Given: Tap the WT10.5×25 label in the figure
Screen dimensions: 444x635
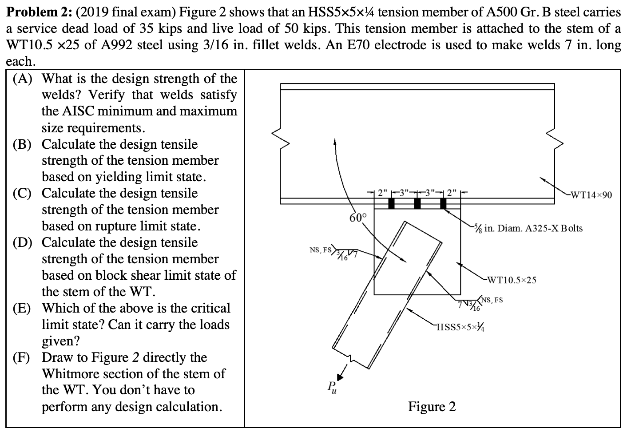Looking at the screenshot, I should click(x=512, y=280).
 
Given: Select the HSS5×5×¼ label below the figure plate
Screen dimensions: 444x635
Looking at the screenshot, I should click(x=460, y=328).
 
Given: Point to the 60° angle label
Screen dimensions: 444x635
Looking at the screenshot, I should click(x=358, y=218).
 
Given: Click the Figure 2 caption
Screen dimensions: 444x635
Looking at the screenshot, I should click(x=432, y=406).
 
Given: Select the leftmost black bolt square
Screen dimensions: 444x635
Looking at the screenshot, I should click(x=392, y=203).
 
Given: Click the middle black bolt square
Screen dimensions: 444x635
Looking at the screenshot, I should click(x=417, y=203).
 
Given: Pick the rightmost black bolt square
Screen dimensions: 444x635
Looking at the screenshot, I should click(x=443, y=203).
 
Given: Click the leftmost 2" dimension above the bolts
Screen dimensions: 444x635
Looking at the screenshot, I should click(x=381, y=193).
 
